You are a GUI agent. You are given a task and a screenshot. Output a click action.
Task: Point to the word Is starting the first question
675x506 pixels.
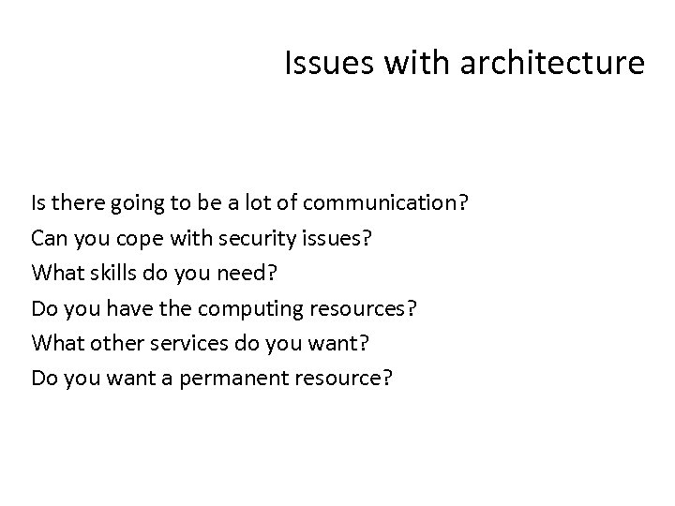[x=38, y=202]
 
